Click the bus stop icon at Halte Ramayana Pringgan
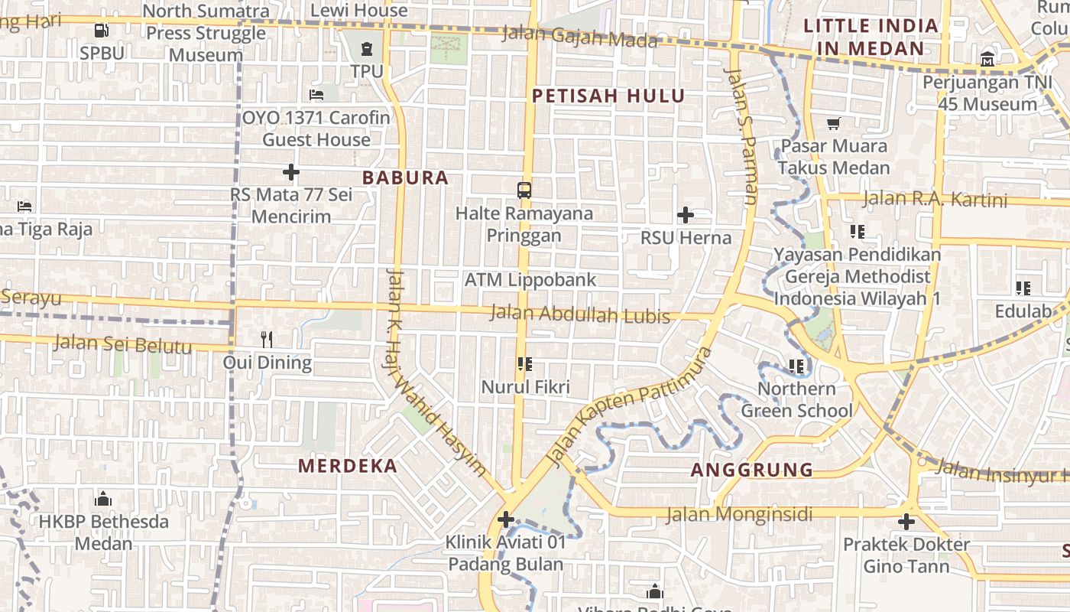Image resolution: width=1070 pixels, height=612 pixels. click(524, 190)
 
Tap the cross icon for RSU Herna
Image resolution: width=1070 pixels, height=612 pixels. click(686, 215)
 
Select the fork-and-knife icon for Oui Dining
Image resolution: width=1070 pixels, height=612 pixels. click(267, 339)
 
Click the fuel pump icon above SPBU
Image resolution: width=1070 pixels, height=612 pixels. click(101, 31)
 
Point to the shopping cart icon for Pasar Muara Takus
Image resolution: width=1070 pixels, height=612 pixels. click(834, 123)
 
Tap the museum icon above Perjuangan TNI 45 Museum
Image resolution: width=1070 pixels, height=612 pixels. click(987, 59)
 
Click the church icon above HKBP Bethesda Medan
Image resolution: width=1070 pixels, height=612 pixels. click(103, 500)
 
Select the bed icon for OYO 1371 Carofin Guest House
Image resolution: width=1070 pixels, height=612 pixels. click(316, 95)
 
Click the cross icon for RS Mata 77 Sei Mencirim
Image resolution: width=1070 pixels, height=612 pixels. click(291, 172)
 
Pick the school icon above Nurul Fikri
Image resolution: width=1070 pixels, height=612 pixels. click(524, 364)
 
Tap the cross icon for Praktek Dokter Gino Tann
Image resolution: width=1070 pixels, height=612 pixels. click(906, 522)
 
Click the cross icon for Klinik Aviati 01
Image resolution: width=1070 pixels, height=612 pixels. click(505, 520)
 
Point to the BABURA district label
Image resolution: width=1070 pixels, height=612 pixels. click(405, 177)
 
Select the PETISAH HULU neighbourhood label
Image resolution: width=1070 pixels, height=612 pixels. click(608, 96)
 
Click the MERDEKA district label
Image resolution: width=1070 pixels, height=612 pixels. click(348, 466)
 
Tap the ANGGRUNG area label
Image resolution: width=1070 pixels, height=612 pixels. click(752, 470)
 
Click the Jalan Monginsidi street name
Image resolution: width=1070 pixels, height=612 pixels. click(739, 514)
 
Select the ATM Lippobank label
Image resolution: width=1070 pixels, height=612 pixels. click(530, 280)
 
